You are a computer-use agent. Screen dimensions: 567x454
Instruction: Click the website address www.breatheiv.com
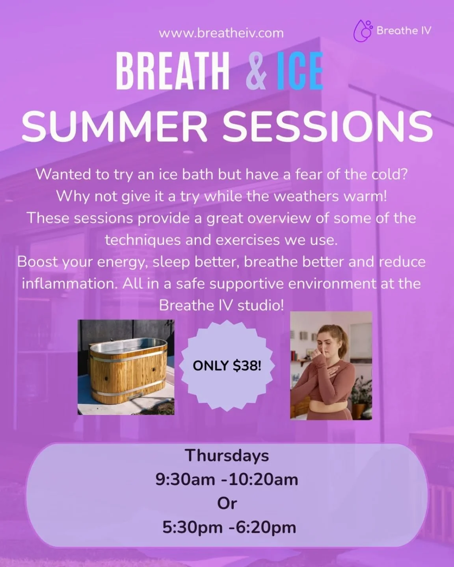coord(221,33)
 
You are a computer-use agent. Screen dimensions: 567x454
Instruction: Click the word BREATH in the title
coord(173,72)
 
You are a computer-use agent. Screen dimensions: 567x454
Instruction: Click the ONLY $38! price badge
coord(227,366)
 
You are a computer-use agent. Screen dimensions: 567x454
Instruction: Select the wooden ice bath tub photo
coord(126,367)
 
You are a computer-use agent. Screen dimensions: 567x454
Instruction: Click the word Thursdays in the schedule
coord(227,456)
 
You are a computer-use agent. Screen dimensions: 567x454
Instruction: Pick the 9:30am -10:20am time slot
coord(227,480)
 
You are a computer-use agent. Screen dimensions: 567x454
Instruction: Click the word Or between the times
coord(227,503)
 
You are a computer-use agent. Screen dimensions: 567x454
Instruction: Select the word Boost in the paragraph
coord(38,262)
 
